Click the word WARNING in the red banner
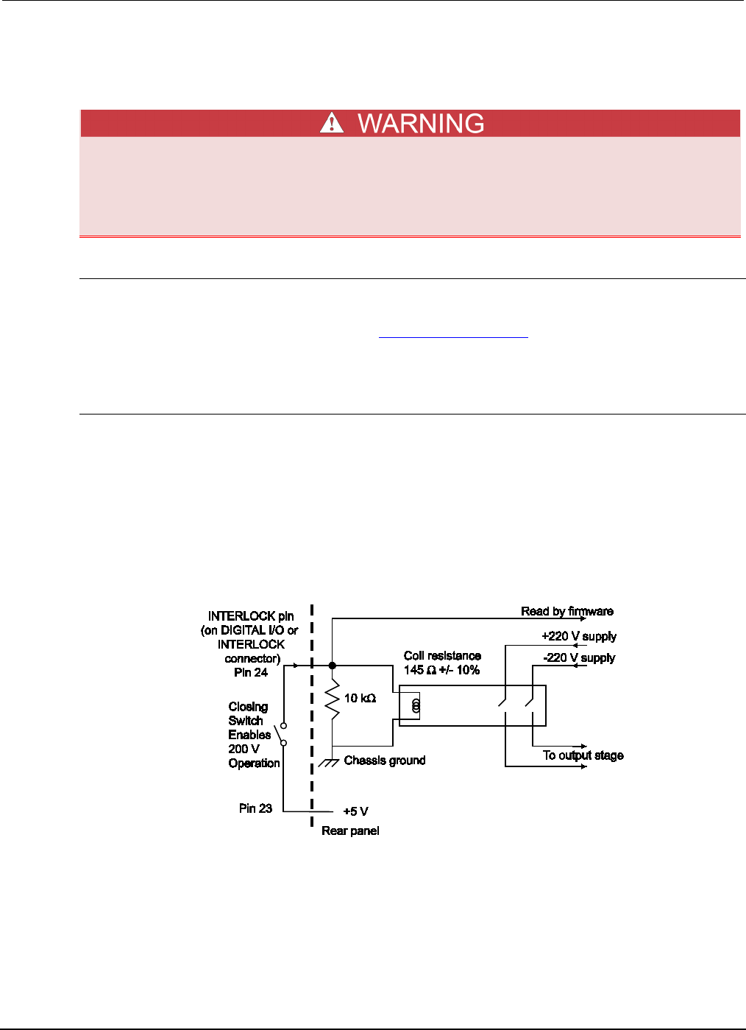coord(421,124)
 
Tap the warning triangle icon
coord(332,122)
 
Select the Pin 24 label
coord(251,672)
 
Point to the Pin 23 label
coord(255,808)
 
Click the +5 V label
coord(356,811)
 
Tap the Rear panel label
coord(350,831)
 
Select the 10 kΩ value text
coord(360,698)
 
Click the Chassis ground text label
coord(385,761)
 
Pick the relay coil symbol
coord(416,707)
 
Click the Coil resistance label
coord(442,656)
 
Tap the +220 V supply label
coord(579,637)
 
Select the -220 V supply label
coord(579,658)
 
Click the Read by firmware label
coord(566,611)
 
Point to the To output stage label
coord(583,755)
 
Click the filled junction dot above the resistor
coord(333,666)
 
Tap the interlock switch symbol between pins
coord(281,734)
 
